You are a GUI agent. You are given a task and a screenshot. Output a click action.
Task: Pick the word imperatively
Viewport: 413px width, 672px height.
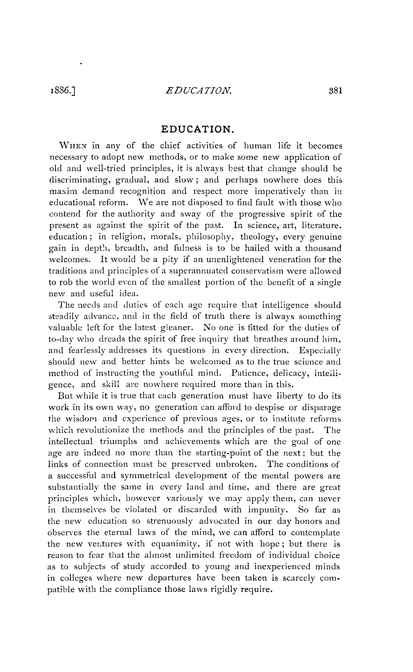pyautogui.click(x=277, y=192)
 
